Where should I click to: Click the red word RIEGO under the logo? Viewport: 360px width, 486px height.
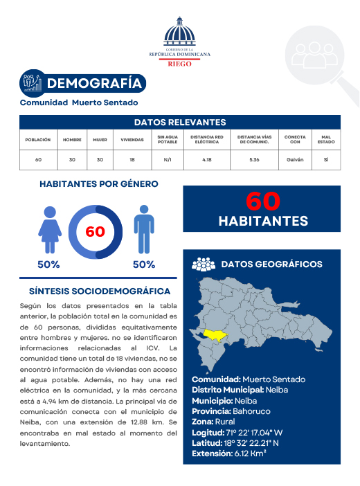(x=180, y=63)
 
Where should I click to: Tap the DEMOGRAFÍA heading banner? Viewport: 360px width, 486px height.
(x=97, y=84)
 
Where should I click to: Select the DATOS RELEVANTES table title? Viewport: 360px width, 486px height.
(x=180, y=123)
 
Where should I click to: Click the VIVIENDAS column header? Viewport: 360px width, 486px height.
(x=132, y=139)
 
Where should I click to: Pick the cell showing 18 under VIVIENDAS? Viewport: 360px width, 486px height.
(x=132, y=159)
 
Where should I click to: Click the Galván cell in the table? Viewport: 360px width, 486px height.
(x=295, y=159)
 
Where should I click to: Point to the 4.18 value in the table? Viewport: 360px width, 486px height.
(x=207, y=159)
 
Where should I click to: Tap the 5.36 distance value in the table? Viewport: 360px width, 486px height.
(x=254, y=159)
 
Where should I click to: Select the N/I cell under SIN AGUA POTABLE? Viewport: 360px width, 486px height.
(x=168, y=159)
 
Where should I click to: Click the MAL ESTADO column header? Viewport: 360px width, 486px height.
(x=326, y=139)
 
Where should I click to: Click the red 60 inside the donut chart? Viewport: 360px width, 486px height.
(x=95, y=231)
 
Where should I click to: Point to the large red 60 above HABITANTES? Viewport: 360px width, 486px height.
(x=263, y=201)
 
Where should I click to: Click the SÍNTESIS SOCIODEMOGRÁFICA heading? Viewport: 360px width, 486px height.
(x=100, y=291)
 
